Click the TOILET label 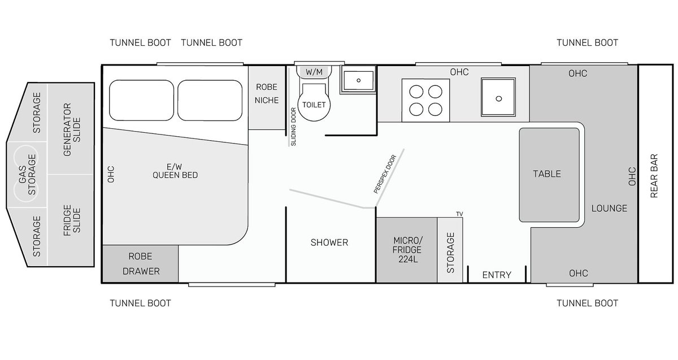314,105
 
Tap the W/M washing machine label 314,72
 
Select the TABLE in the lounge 549,175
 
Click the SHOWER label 329,242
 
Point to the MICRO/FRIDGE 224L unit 406,250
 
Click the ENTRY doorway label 497,275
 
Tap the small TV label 459,214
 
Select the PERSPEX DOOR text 385,174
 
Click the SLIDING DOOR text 293,127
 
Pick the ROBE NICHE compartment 267,98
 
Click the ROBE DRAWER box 141,264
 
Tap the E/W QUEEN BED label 175,171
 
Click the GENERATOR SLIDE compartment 71,129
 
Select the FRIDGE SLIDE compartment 71,220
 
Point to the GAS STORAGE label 27,175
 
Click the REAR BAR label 654,176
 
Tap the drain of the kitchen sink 499,98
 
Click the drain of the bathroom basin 359,81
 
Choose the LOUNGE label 609,209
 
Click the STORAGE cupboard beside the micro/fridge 450,250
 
